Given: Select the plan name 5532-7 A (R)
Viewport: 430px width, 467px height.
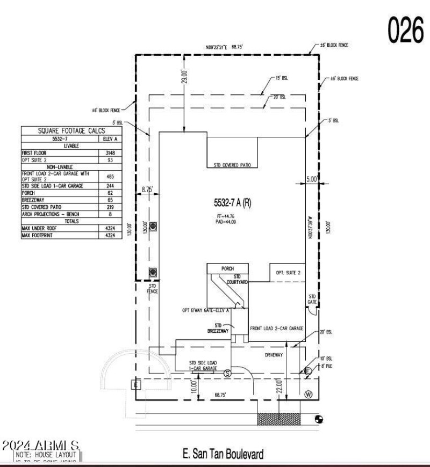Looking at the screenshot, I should pyautogui.click(x=231, y=202).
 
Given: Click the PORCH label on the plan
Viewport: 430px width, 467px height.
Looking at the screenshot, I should pyautogui.click(x=228, y=268).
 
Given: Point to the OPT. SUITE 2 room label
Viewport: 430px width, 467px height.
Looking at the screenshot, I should pyautogui.click(x=289, y=273).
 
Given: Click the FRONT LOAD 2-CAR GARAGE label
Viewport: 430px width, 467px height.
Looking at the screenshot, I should pyautogui.click(x=277, y=328).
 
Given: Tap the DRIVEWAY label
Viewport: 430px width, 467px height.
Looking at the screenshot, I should pyautogui.click(x=273, y=355).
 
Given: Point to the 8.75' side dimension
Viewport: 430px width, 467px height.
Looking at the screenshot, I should pyautogui.click(x=147, y=189).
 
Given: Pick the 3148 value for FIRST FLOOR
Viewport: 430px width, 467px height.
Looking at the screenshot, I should pyautogui.click(x=110, y=153).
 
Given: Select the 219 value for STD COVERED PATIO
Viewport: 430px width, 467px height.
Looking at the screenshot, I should pyautogui.click(x=110, y=207).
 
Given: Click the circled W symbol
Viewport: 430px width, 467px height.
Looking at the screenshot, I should pyautogui.click(x=309, y=394).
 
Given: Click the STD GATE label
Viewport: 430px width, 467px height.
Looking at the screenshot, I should pyautogui.click(x=312, y=300).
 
